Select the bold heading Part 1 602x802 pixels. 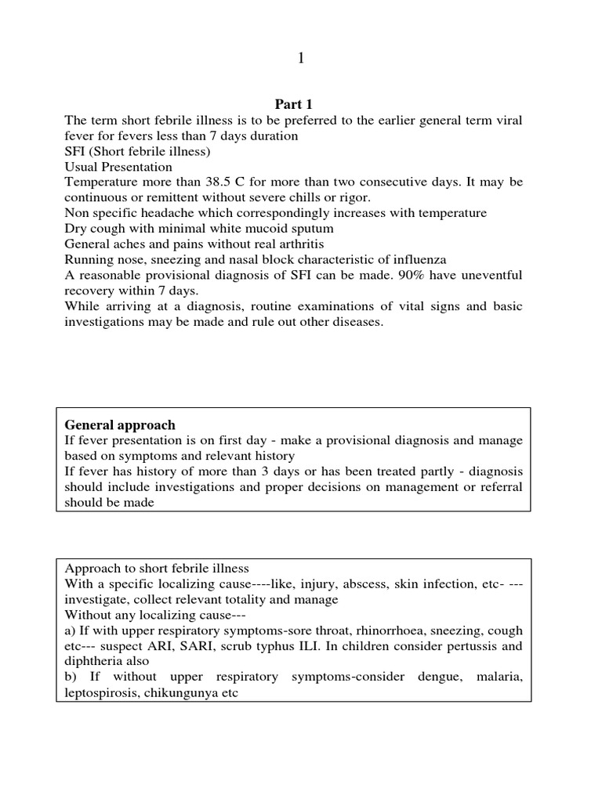click(x=292, y=104)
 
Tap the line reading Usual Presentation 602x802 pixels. click(x=118, y=167)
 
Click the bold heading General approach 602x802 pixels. click(x=119, y=424)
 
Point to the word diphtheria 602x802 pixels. click(x=92, y=662)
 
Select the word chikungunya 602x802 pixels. click(x=185, y=693)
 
